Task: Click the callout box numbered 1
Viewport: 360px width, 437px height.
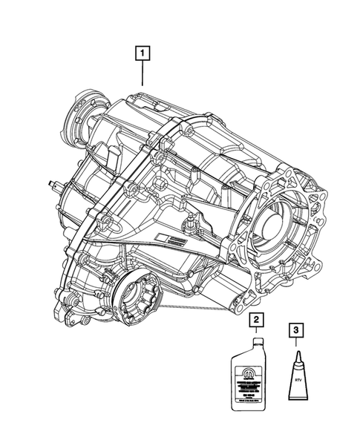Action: pyautogui.click(x=141, y=53)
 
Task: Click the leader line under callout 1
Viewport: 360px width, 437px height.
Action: pyautogui.click(x=141, y=74)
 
